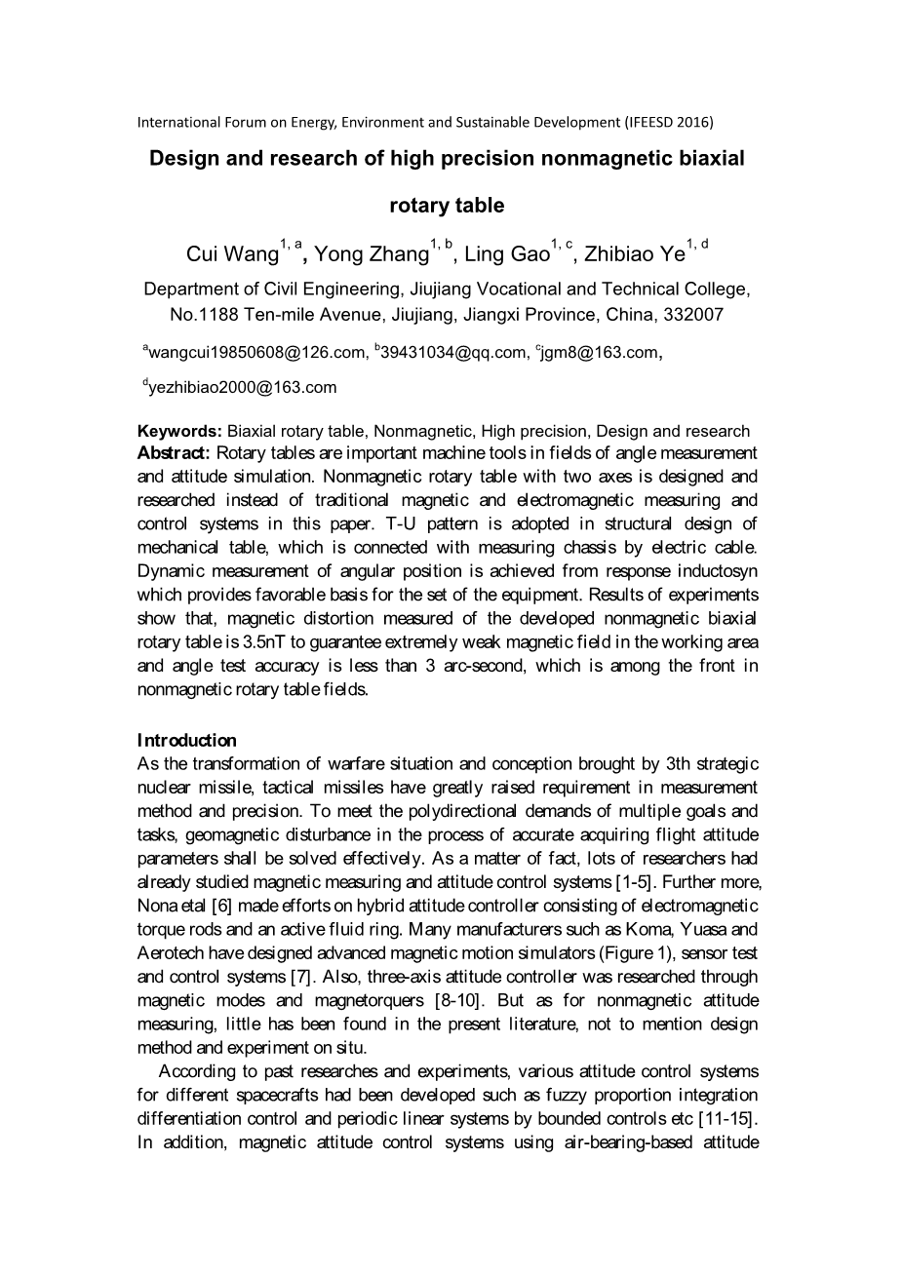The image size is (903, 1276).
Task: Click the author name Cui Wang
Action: (x=232, y=255)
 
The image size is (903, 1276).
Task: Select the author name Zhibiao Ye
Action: (x=634, y=255)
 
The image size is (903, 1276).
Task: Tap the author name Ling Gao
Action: (x=507, y=255)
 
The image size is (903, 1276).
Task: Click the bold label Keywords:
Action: (x=180, y=431)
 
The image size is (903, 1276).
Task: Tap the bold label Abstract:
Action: (x=174, y=453)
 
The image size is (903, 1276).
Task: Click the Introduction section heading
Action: (x=187, y=740)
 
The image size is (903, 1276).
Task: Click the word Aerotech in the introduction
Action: (x=170, y=953)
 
